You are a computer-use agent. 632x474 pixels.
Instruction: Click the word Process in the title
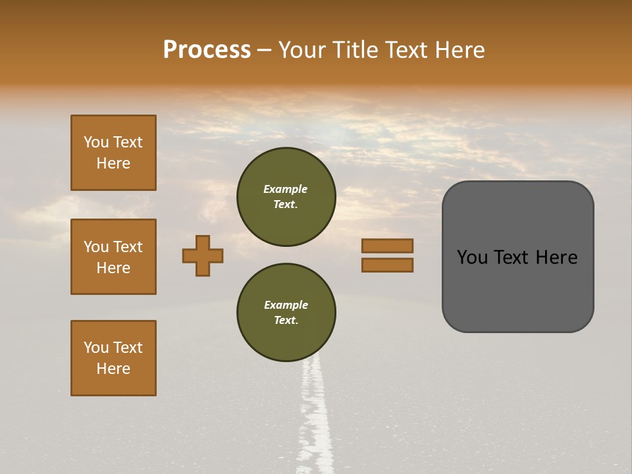[207, 50]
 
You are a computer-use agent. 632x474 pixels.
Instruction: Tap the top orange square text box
[113, 153]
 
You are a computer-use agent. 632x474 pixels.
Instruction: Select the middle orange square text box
[113, 257]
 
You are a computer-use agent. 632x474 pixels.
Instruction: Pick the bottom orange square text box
[113, 358]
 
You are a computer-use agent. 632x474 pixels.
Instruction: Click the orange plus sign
[203, 255]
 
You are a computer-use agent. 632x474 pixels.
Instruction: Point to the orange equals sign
[387, 255]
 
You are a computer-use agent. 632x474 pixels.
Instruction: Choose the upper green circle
[286, 196]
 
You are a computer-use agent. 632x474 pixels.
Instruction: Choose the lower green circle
[286, 313]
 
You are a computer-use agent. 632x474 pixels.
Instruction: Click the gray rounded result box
[517, 257]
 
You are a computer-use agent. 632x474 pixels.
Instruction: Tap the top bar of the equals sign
[387, 246]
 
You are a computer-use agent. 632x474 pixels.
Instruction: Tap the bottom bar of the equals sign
[387, 265]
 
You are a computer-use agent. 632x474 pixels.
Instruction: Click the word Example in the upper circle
[285, 189]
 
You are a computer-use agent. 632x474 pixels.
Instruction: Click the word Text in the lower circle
[285, 320]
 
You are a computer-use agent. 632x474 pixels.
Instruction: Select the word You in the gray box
[472, 257]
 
